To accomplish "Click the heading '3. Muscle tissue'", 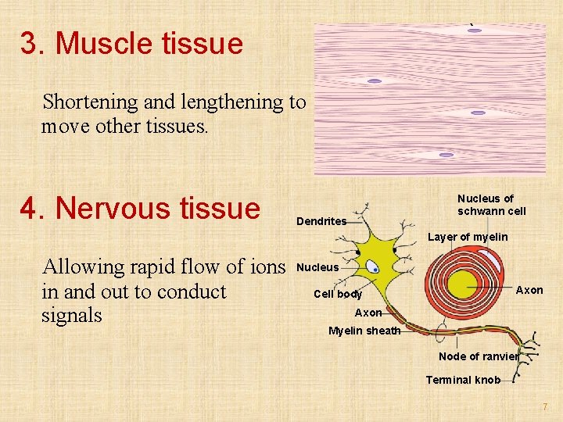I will click(x=131, y=44).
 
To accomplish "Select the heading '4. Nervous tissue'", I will click(x=141, y=209).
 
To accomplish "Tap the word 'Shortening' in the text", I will click(x=85, y=102).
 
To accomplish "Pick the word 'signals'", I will click(x=71, y=316).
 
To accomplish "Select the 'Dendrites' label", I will click(x=321, y=221).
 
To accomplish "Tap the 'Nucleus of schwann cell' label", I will click(x=491, y=205).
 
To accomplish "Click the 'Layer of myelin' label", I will click(x=467, y=237).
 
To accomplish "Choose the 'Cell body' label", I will click(x=338, y=295).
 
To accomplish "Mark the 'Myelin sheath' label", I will click(x=364, y=331).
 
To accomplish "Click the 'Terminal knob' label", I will click(x=463, y=380).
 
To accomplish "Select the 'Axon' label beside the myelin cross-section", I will click(x=529, y=290).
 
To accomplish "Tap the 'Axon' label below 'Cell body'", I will click(x=368, y=313).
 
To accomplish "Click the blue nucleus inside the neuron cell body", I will click(x=375, y=268).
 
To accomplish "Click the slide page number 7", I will click(x=546, y=407).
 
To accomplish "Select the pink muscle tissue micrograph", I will click(x=429, y=98).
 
